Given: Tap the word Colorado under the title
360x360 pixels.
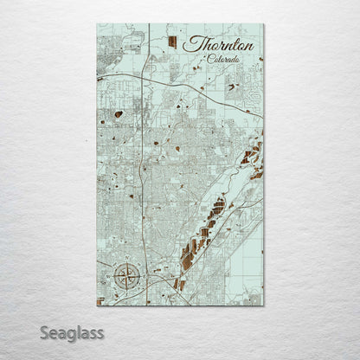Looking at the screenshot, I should (x=224, y=60).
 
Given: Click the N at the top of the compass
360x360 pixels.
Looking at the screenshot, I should (x=126, y=262).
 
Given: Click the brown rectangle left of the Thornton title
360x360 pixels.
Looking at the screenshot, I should (x=171, y=42).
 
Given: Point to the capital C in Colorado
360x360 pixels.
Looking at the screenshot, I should (x=211, y=60).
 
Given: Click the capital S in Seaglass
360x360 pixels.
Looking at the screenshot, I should (x=44, y=331).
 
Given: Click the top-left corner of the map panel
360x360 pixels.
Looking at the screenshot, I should (x=97, y=23).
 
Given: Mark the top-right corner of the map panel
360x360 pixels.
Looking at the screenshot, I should (x=263, y=23).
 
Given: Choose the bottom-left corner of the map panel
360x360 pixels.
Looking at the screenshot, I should (x=97, y=305).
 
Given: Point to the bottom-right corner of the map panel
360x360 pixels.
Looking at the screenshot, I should (x=263, y=305).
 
